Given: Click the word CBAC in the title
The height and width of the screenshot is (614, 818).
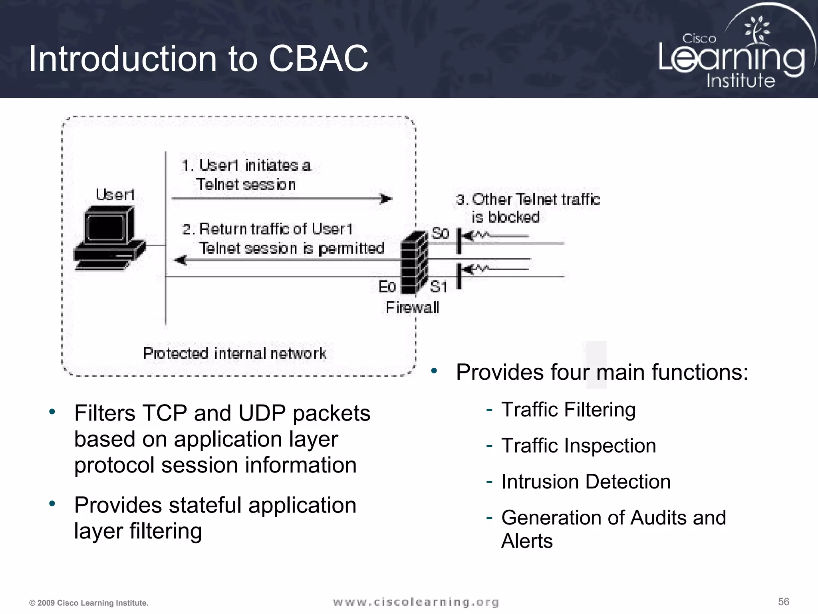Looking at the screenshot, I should pos(318,59).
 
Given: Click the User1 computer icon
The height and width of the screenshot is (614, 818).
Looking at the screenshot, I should pos(109,238).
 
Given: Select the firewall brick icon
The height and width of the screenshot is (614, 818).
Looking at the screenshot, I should pos(414,263).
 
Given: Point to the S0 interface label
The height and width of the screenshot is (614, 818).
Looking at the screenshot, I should pos(440,233).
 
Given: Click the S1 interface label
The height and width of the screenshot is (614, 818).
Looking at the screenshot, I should pos(439,287).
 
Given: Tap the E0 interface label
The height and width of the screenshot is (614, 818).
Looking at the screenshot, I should pos(387,287).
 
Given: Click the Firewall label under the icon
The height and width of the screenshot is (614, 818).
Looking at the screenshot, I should pos(412,308).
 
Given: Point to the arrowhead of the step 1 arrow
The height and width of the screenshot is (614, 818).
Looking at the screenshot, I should pos(386,199).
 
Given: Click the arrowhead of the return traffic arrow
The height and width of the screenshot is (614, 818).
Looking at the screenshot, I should pos(181,260).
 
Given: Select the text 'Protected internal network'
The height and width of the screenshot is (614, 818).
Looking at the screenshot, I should pos(234,353).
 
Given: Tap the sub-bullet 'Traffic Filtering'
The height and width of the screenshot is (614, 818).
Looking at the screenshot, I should pos(568,410).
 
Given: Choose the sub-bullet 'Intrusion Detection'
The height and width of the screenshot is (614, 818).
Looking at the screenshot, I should pos(586,482).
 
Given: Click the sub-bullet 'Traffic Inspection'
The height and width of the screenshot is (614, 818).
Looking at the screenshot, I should pos(578,446).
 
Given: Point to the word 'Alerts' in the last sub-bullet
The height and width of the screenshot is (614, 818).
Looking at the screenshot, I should pos(527,541).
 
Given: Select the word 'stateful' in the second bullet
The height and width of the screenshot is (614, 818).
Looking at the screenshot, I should pos(205,505).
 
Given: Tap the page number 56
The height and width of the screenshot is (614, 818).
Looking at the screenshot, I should pos(783,602).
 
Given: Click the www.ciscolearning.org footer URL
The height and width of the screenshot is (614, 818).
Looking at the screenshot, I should pos(416,602).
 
